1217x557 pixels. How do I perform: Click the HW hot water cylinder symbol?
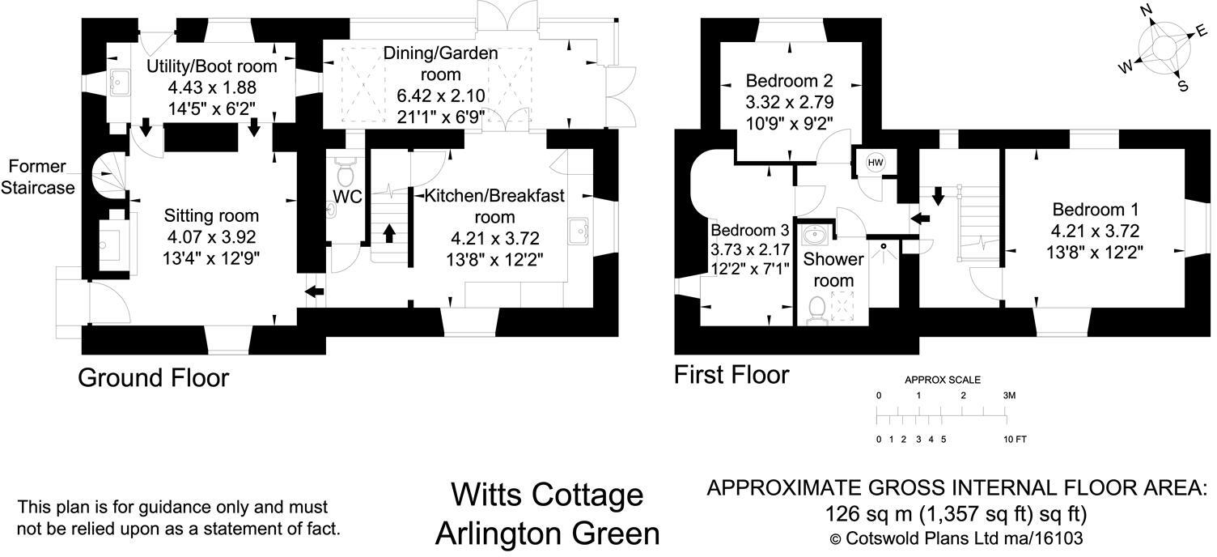[875, 163]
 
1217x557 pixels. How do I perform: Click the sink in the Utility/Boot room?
[121, 80]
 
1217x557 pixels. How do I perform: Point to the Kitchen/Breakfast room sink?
[580, 231]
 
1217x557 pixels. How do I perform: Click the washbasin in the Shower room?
[814, 236]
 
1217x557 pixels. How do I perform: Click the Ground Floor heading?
[154, 377]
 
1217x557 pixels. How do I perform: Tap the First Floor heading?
[731, 375]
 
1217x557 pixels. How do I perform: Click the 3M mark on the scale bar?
[1007, 396]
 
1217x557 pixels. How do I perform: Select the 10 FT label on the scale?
[1015, 440]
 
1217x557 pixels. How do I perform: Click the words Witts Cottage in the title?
[547, 495]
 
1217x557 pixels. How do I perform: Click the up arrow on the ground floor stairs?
[388, 232]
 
